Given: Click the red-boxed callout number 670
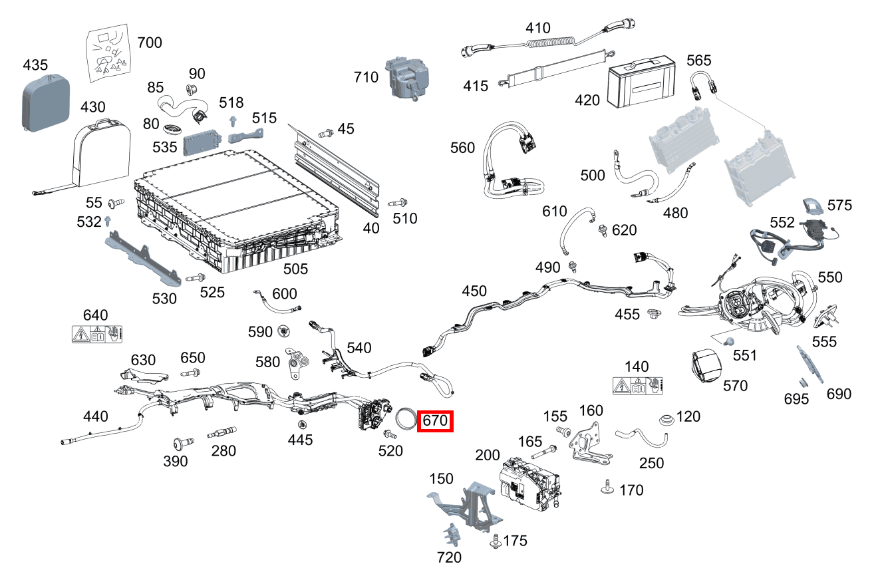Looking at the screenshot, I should pos(435,422).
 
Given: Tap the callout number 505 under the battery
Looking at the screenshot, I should pos(296,269).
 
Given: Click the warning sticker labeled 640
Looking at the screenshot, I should pos(96,334).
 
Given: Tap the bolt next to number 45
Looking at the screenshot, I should pos(326,133).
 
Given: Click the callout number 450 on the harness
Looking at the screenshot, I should pos(474,291).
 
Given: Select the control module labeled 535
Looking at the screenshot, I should pos(203,140).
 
